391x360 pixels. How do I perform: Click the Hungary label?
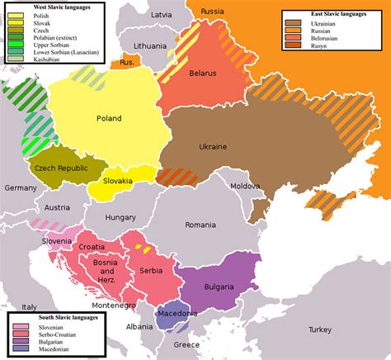[120, 217]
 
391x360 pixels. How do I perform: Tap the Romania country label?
[200, 225]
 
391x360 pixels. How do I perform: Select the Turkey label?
[319, 329]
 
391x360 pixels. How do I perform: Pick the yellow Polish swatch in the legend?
[16, 16]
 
